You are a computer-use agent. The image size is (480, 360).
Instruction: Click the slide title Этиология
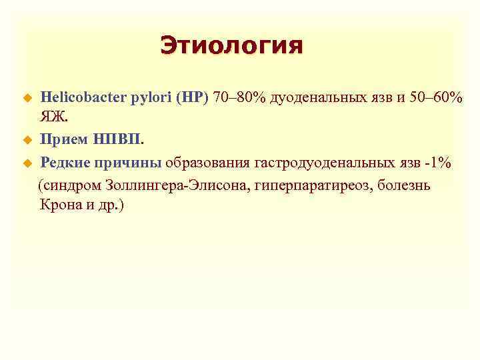(x=231, y=46)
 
